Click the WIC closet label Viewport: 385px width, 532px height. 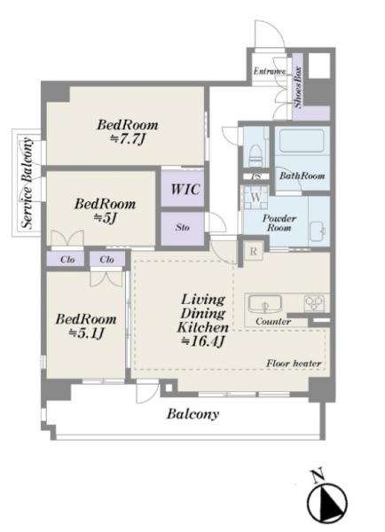click(185, 189)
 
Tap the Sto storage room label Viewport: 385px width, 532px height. click(183, 227)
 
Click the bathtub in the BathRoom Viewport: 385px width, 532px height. click(301, 140)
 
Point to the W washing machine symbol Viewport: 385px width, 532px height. click(256, 197)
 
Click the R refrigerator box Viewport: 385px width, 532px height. click(254, 252)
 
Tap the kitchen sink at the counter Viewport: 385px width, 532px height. click(265, 303)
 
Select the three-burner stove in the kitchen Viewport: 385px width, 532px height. click(314, 302)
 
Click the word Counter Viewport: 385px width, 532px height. click(273, 321)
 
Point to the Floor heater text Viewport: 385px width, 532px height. click(294, 364)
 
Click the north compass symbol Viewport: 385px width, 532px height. click(326, 499)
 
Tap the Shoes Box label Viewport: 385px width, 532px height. click(298, 87)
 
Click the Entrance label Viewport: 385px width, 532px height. click(270, 71)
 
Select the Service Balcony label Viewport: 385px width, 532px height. click(27, 183)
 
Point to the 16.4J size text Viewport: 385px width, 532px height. click(202, 341)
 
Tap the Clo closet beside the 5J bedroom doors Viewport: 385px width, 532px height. click(67, 260)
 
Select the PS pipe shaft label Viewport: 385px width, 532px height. click(256, 176)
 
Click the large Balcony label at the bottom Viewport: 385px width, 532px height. click(192, 414)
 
